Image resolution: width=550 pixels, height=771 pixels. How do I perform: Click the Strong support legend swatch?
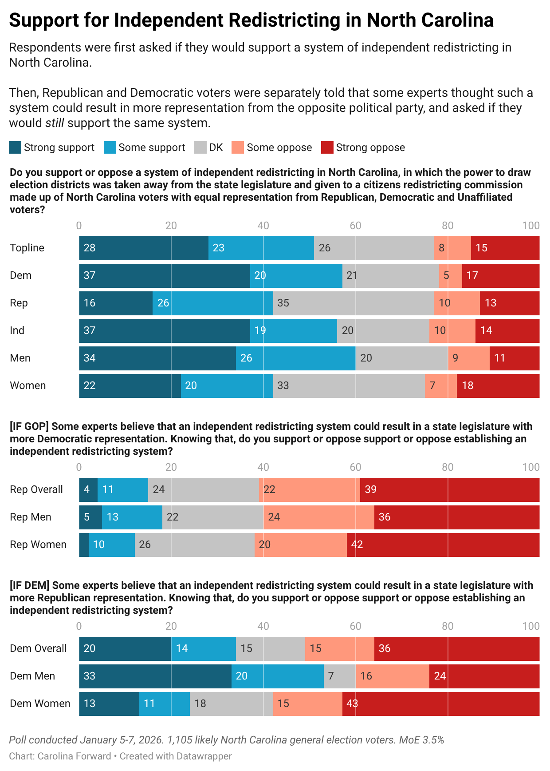point(15,147)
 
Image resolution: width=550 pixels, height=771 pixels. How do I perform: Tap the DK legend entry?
point(209,147)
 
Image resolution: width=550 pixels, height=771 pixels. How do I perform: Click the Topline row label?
point(27,248)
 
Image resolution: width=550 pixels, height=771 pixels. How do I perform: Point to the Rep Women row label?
point(38,544)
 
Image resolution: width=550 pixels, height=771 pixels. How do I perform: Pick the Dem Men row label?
point(32,676)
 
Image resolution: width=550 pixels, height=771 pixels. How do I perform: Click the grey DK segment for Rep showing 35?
point(354,303)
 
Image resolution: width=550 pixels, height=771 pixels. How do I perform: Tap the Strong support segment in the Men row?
point(157,358)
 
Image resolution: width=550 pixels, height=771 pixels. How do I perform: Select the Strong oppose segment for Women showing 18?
point(499,385)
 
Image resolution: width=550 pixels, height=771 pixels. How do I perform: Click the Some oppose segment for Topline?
point(452,248)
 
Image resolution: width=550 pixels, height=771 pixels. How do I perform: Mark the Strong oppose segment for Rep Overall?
point(450,489)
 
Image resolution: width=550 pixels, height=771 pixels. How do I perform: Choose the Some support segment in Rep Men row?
point(132,517)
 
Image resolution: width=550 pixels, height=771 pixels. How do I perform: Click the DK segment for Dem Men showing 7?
point(340,676)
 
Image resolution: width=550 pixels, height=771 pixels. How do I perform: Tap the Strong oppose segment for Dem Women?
point(441,703)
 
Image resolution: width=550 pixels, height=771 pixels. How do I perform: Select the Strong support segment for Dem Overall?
point(125,648)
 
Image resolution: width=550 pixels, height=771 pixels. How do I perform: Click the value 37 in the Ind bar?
point(90,330)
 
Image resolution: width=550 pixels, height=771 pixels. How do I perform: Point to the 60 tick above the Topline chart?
point(355,226)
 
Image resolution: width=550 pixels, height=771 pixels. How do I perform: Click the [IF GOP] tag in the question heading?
point(29,426)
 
